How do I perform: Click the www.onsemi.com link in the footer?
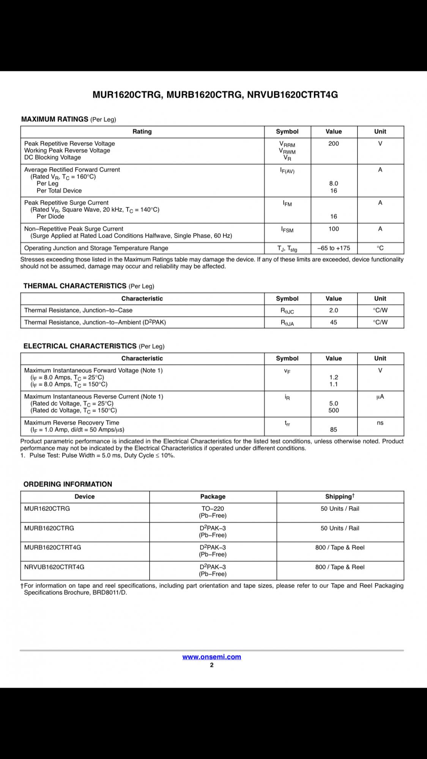point(211,657)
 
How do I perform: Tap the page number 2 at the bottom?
point(212,665)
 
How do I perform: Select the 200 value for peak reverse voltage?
point(334,143)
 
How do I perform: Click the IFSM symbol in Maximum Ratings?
point(287,229)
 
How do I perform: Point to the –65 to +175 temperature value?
point(334,248)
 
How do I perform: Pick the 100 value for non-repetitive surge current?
point(334,229)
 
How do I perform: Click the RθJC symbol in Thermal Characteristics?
point(287,310)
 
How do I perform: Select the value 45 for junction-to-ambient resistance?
point(334,322)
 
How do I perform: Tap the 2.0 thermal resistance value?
point(334,310)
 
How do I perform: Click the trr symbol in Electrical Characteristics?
point(287,423)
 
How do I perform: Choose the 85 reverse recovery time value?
point(334,430)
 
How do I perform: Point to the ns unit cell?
point(380,423)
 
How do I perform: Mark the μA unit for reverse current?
point(380,397)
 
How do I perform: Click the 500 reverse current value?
point(334,410)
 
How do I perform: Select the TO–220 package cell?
point(213,509)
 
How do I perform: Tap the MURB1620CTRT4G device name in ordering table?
point(52,547)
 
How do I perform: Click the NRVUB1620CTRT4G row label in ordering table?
point(54,567)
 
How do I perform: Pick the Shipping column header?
point(340,496)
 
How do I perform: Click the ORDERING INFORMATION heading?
point(68,484)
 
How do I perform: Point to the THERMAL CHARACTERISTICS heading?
point(75,286)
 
